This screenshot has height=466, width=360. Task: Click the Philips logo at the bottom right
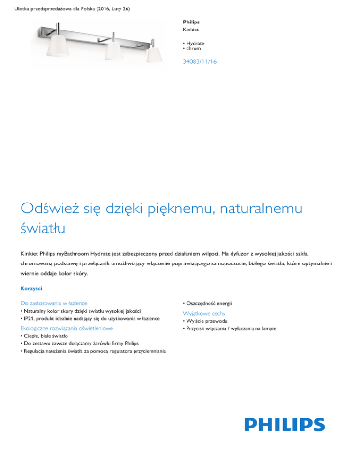[x=284, y=425]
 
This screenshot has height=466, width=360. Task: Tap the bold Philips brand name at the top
[x=191, y=22]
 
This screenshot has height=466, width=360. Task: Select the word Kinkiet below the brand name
[x=191, y=30]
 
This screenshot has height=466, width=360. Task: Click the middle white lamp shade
[x=112, y=51]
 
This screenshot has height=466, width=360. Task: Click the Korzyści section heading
[x=30, y=288]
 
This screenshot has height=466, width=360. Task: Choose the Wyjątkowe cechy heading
[x=205, y=313]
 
